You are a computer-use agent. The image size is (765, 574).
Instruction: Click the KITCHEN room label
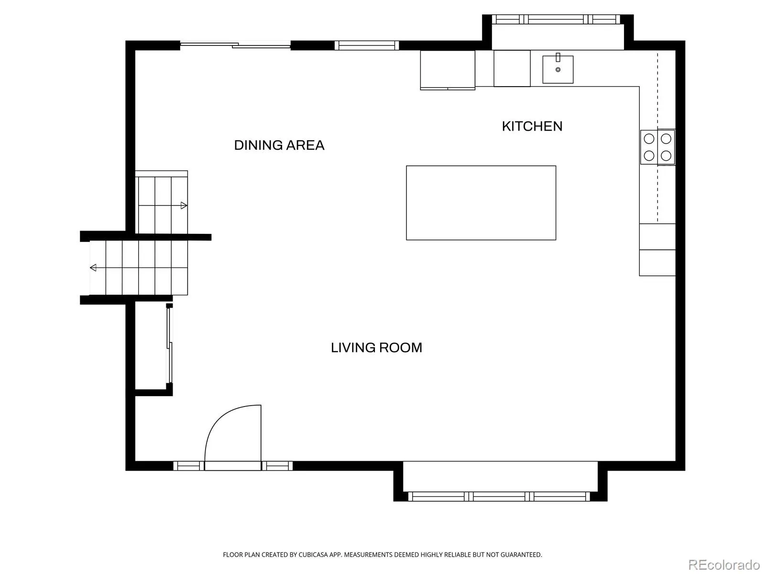532,126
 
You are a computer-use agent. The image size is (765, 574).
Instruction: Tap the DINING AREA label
279,145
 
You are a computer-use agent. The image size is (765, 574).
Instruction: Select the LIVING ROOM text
376,347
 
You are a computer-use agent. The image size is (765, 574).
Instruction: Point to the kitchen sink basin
557,69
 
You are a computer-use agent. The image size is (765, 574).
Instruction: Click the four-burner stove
657,147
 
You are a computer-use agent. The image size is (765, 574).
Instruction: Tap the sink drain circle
557,70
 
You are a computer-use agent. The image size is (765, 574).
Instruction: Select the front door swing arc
223,418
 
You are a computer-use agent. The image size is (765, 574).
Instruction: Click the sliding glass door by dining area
235,45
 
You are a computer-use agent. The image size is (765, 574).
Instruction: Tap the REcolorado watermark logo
724,564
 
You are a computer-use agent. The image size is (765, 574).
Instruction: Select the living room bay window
499,497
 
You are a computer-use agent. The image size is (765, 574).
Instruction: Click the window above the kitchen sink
556,19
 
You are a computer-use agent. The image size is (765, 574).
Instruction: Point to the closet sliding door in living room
169,343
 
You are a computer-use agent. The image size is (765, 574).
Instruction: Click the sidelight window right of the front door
277,465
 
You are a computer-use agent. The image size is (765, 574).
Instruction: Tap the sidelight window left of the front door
188,465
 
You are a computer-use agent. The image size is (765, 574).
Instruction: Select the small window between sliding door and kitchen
367,45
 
